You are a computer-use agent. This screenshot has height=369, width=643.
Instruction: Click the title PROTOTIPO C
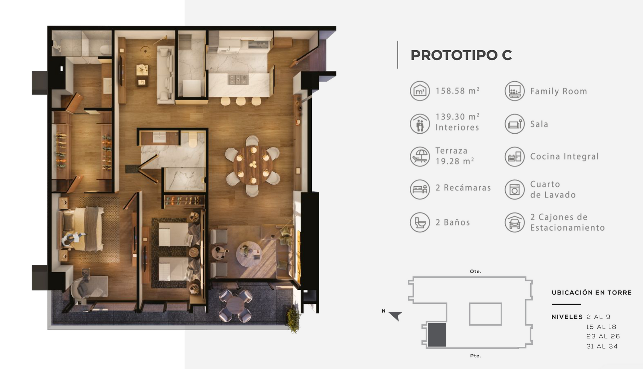pyautogui.click(x=461, y=55)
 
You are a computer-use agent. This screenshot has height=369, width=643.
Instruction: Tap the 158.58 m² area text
pyautogui.click(x=457, y=91)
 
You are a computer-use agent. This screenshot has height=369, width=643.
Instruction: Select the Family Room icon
pyautogui.click(x=514, y=91)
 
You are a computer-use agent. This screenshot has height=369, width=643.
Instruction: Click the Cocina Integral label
pyautogui.click(x=564, y=156)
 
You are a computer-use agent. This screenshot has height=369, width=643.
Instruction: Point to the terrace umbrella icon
pyautogui.click(x=420, y=156)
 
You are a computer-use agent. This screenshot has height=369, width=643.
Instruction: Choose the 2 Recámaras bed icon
pyautogui.click(x=420, y=189)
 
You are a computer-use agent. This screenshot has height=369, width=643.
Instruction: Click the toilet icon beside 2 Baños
pyautogui.click(x=420, y=222)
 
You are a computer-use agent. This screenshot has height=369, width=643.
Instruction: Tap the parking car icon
pyautogui.click(x=514, y=222)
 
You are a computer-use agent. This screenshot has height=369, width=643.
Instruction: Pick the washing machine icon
pyautogui.click(x=514, y=189)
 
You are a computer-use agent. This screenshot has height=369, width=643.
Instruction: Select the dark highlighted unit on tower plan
pyautogui.click(x=437, y=334)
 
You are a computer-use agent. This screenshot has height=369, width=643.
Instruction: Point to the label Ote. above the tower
pyautogui.click(x=475, y=271)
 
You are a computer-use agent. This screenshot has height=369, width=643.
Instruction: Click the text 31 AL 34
pyautogui.click(x=602, y=346)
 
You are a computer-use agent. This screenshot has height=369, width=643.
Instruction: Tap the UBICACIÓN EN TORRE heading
pyautogui.click(x=592, y=292)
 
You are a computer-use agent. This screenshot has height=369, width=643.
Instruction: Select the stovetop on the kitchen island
pyautogui.click(x=238, y=80)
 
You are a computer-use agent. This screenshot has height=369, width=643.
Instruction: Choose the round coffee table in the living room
pyautogui.click(x=249, y=254)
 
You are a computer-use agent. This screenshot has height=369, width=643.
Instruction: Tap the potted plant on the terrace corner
pyautogui.click(x=293, y=319)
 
